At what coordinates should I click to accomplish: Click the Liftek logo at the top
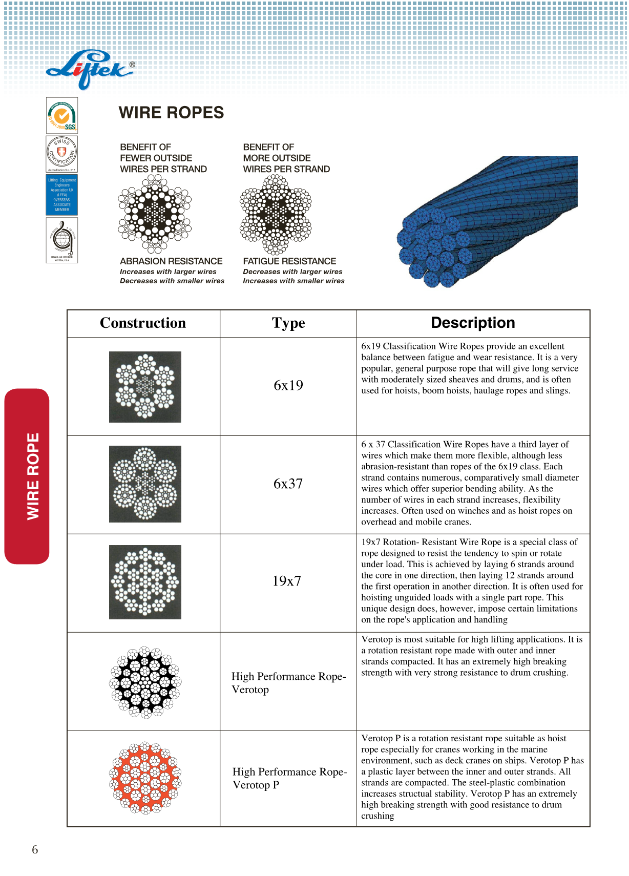(90, 69)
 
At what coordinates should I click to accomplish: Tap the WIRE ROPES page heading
(171, 113)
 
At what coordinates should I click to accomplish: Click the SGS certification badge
(62, 116)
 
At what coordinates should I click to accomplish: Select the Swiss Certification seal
(62, 154)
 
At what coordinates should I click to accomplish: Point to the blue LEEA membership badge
(62, 195)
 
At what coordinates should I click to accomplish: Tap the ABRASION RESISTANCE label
(171, 261)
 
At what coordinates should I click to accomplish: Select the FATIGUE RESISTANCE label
(289, 261)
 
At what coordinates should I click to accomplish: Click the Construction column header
(143, 323)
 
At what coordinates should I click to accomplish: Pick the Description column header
(473, 323)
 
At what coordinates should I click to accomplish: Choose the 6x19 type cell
(288, 386)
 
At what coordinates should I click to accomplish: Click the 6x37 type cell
(288, 484)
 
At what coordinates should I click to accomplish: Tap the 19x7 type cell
(287, 581)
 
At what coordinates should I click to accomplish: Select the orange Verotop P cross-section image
(145, 778)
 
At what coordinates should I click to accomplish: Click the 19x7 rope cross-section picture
(145, 582)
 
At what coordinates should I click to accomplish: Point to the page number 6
(35, 850)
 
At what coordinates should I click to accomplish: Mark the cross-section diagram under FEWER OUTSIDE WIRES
(155, 214)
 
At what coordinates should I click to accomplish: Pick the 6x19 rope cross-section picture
(145, 387)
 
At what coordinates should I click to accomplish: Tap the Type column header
(288, 323)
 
